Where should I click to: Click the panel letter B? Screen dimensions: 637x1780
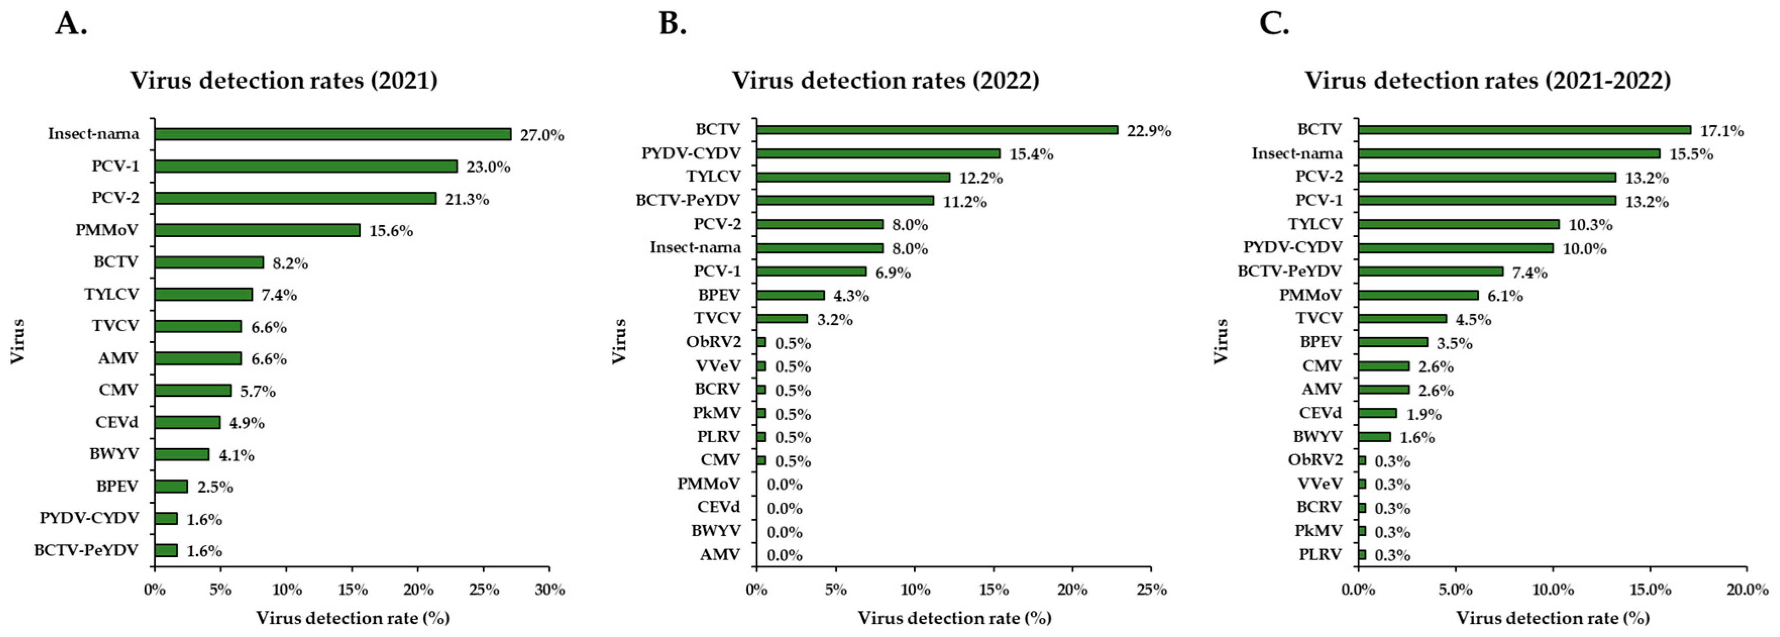coord(673,24)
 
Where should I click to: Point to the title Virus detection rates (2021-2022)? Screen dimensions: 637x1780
coord(1487,80)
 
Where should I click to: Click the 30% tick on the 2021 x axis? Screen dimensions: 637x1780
coord(549,590)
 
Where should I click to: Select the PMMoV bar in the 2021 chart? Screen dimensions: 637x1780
coord(257,230)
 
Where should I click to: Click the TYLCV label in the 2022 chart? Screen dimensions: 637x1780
coord(712,176)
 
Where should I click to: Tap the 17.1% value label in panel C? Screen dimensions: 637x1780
coord(1722,131)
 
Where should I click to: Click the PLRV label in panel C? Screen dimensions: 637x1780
coord(1320,554)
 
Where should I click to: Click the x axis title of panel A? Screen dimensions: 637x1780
coord(352,618)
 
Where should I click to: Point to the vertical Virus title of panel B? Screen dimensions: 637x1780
coord(619,341)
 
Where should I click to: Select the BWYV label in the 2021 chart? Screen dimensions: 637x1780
coord(114,454)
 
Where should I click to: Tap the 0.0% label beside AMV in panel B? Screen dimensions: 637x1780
coord(784,555)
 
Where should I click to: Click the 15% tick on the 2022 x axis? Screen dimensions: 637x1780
coord(993,590)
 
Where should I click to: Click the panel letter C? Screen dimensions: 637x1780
coord(1274,24)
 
